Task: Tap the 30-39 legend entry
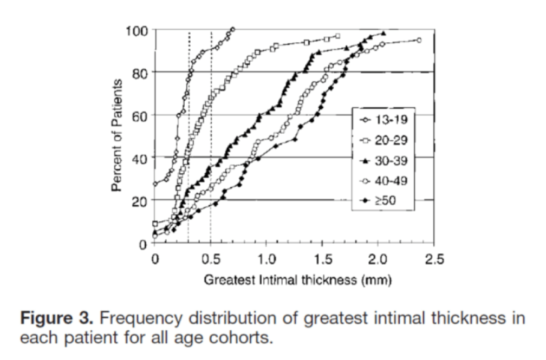pyautogui.click(x=384, y=161)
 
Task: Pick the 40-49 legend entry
pyautogui.click(x=384, y=181)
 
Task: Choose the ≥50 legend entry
pyautogui.click(x=384, y=201)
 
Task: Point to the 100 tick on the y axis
pyautogui.click(x=138, y=30)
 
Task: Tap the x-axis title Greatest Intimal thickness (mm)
pyautogui.click(x=297, y=280)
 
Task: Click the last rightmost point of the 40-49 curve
pyautogui.click(x=419, y=40)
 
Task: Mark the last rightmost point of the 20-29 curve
pyautogui.click(x=338, y=36)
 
